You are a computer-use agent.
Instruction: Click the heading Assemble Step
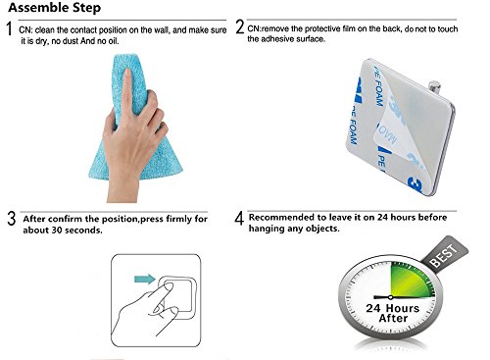(x=55, y=8)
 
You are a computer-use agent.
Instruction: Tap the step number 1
(x=9, y=28)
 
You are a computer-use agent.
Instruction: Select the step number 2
(x=240, y=26)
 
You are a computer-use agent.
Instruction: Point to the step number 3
(x=12, y=219)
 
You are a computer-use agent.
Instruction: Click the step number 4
(x=239, y=218)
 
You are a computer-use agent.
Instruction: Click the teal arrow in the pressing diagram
(x=145, y=279)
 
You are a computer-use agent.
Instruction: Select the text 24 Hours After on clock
(x=392, y=313)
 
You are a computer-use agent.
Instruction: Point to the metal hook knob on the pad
(x=435, y=86)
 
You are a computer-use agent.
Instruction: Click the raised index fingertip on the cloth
(x=127, y=73)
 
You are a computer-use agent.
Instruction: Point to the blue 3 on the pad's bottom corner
(x=416, y=185)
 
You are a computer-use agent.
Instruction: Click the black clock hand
(x=383, y=297)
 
